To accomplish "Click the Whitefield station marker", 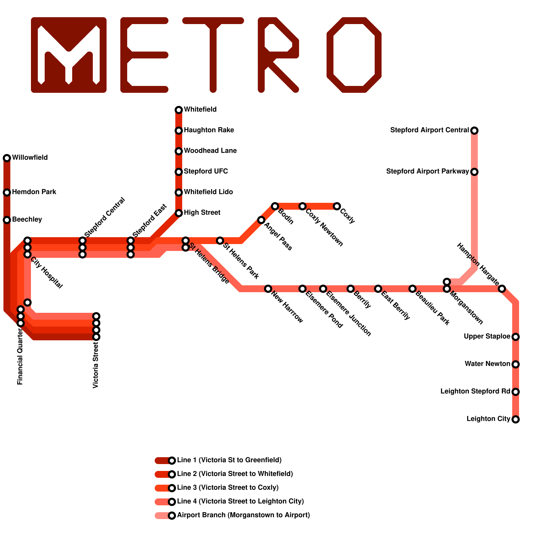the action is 179,110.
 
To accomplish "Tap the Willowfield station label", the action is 30,158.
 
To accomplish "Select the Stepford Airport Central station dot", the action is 474,131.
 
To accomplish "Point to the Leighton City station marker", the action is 516,419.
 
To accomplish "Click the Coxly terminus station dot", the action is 337,206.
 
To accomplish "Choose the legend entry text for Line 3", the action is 228,488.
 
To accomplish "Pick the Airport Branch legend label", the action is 243,515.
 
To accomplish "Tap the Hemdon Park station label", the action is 34,192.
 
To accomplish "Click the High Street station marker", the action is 179,213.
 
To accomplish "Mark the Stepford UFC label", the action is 206,172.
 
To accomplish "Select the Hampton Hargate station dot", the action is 502,289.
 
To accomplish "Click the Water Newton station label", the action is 487,364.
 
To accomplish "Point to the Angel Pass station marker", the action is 261,220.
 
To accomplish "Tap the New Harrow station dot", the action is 268,289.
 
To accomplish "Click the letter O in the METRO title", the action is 354,55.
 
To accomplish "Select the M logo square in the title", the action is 69,55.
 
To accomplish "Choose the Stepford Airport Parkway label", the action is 427,172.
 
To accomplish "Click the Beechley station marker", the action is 7,220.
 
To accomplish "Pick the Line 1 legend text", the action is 229,460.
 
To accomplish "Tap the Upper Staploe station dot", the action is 516,337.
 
